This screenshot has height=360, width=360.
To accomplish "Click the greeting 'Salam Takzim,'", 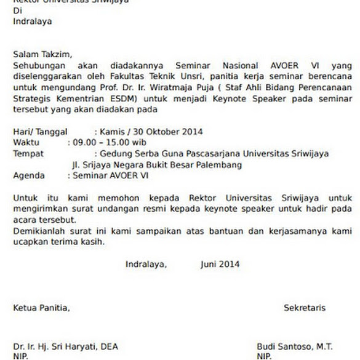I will [42, 55].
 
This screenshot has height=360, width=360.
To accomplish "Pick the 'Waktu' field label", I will [26, 143].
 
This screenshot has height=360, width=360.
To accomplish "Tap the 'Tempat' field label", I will [28, 154].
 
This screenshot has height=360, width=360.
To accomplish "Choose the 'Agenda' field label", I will [30, 176].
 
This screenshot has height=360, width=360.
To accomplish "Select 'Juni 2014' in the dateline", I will [220, 265].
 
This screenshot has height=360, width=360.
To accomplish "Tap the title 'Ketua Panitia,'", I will [41, 308].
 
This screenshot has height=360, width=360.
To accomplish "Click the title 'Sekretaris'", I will [305, 308].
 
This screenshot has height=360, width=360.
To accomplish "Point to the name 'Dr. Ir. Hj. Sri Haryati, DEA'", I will [65, 347].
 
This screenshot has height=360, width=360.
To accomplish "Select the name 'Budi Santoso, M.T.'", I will [296, 347].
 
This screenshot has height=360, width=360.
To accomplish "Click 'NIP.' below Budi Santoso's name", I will [265, 356].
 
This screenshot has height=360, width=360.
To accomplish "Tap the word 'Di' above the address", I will [17, 11].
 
